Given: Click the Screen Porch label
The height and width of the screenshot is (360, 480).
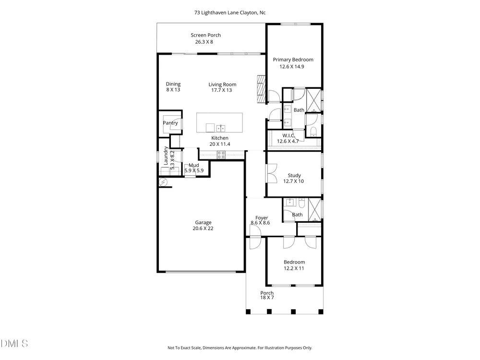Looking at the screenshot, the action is click(206, 35).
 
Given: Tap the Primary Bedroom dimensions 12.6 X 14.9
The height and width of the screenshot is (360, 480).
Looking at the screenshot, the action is click(292, 67).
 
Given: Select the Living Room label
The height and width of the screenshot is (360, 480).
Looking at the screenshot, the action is click(222, 84).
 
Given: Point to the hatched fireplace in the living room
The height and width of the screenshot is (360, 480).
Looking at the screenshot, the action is click(261, 89).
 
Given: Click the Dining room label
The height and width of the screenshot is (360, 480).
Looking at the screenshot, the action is click(173, 84).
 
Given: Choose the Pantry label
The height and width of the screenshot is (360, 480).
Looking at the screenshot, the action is click(170, 123).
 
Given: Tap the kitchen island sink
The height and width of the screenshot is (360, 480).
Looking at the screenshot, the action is click(221, 128).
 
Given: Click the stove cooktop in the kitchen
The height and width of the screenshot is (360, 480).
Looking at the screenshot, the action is click(221, 155).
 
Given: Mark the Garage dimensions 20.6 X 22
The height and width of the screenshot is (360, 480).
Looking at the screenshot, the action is click(203, 228).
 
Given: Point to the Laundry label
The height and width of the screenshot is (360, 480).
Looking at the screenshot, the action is click(166, 156).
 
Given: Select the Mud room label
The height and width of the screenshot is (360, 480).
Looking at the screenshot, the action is click(194, 165).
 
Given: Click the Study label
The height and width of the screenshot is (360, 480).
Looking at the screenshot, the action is click(294, 175).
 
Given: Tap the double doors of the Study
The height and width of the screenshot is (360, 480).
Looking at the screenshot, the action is click(272, 173).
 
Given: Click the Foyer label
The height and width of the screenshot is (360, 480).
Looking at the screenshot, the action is click(262, 218).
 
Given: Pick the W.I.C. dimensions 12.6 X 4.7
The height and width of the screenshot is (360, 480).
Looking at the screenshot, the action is click(288, 142).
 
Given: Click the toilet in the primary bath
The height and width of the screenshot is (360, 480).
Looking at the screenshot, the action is click(313, 132).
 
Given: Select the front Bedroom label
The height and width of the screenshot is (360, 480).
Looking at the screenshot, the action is click(294, 262).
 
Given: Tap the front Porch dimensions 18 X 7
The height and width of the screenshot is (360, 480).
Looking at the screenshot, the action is click(267, 298).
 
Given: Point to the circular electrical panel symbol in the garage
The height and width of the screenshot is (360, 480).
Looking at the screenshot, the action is click(164, 183).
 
